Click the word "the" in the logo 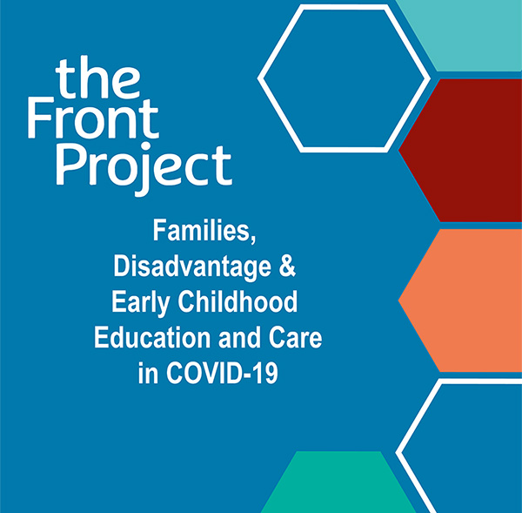point(97,77)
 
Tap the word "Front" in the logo point(94,118)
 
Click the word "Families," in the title point(204,231)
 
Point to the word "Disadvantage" point(192,267)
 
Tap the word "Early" point(141,303)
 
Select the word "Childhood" point(238,301)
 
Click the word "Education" point(152,338)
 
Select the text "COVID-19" point(222,374)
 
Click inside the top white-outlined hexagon point(344,78)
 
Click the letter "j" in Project point(144,170)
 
